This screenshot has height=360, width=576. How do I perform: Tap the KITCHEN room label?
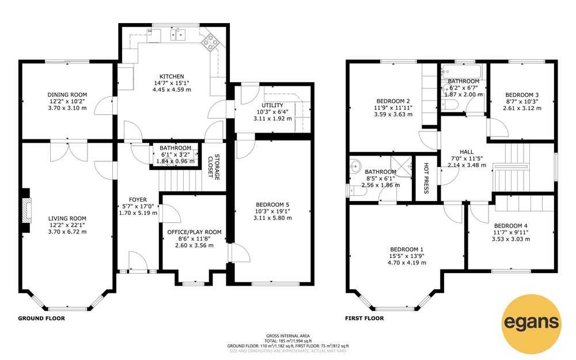pyautogui.click(x=172, y=77)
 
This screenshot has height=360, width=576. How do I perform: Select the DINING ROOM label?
pyautogui.click(x=67, y=95)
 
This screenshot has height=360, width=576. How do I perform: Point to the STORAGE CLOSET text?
pyautogui.click(x=214, y=168)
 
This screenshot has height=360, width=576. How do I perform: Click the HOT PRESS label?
pyautogui.click(x=426, y=178)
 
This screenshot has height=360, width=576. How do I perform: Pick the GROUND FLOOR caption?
pyautogui.click(x=41, y=319)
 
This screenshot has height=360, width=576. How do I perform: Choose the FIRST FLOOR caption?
pyautogui.click(x=365, y=319)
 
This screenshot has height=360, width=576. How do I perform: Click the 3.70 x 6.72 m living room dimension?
pyautogui.click(x=67, y=232)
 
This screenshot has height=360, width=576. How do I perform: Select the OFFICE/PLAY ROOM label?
pyautogui.click(x=194, y=232)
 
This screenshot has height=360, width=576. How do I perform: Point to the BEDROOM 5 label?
pyautogui.click(x=272, y=204)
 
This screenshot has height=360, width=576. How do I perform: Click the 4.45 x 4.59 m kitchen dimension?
pyautogui.click(x=172, y=90)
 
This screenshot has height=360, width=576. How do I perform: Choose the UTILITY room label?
pyautogui.click(x=272, y=105)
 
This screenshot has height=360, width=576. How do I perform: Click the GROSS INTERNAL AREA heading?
pyautogui.click(x=288, y=336)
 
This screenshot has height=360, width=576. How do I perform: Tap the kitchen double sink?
pyautogui.click(x=178, y=34)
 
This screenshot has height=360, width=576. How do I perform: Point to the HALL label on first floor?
pyautogui.click(x=467, y=151)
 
